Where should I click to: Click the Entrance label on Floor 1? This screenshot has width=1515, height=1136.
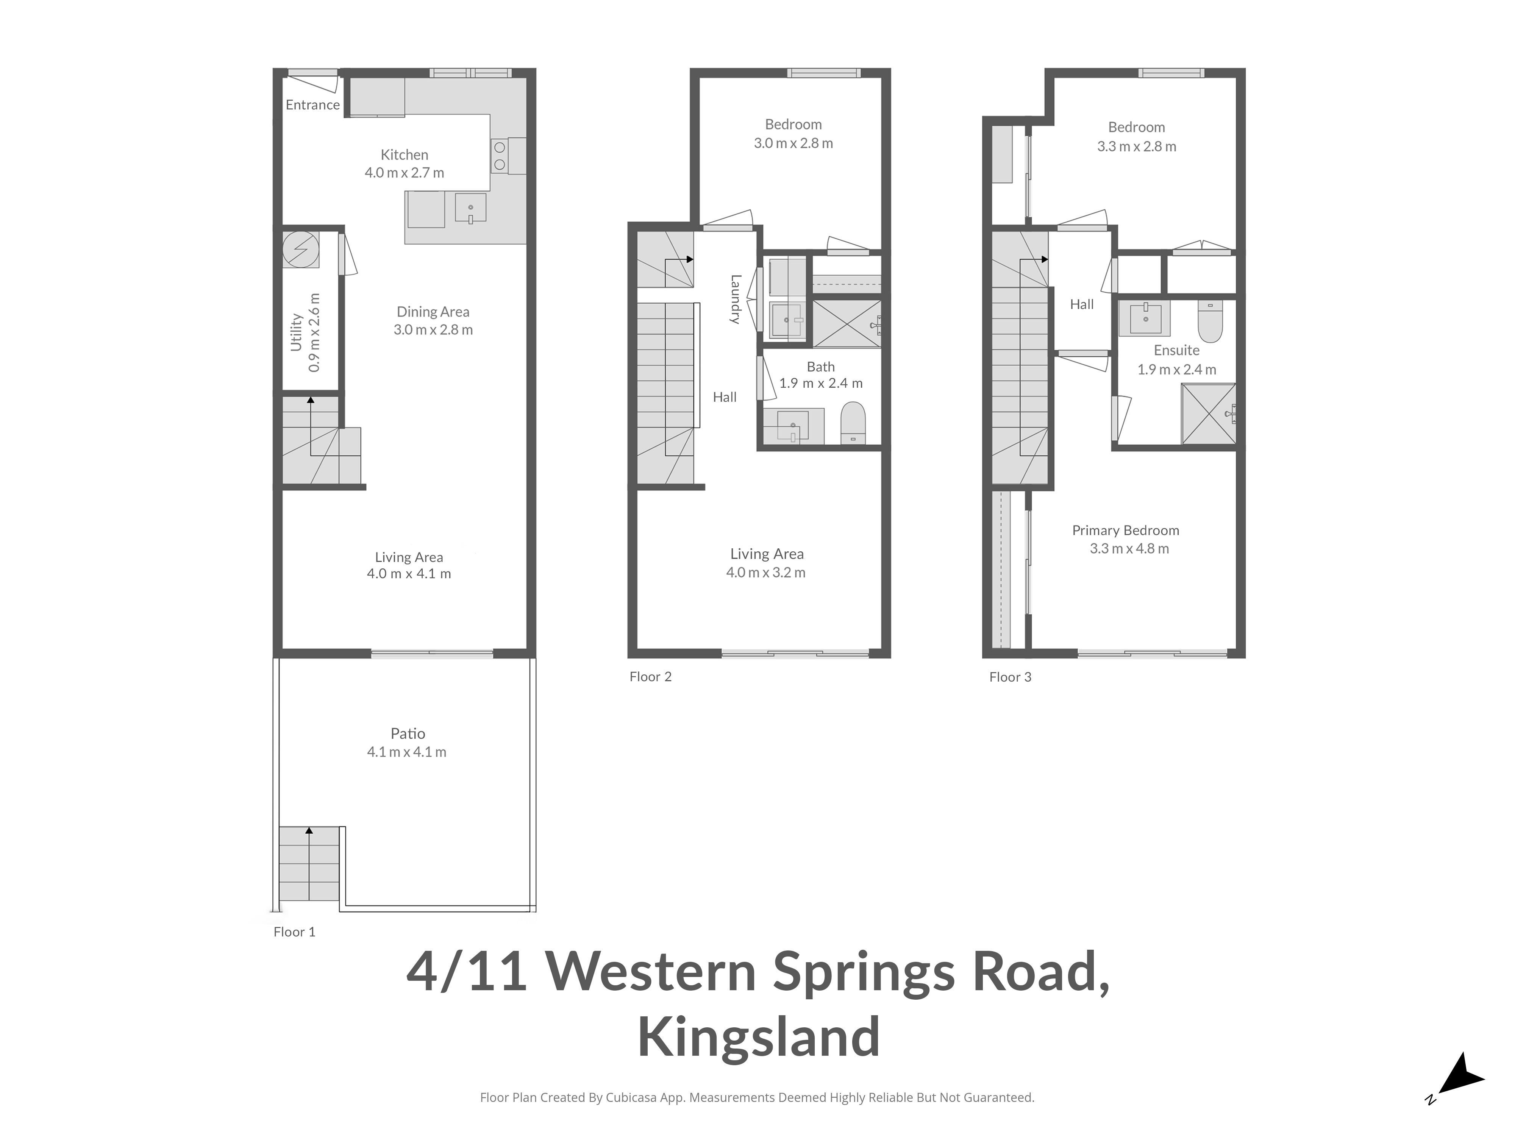[x=312, y=105]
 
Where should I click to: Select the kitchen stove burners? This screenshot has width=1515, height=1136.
[x=499, y=155]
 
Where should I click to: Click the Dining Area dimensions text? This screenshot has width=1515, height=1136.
[x=433, y=329]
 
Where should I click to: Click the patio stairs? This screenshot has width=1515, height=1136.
[x=309, y=863]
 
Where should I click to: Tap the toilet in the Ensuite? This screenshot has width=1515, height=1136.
[x=1210, y=321]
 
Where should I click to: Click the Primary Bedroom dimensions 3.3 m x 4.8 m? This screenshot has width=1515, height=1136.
[x=1129, y=548]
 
